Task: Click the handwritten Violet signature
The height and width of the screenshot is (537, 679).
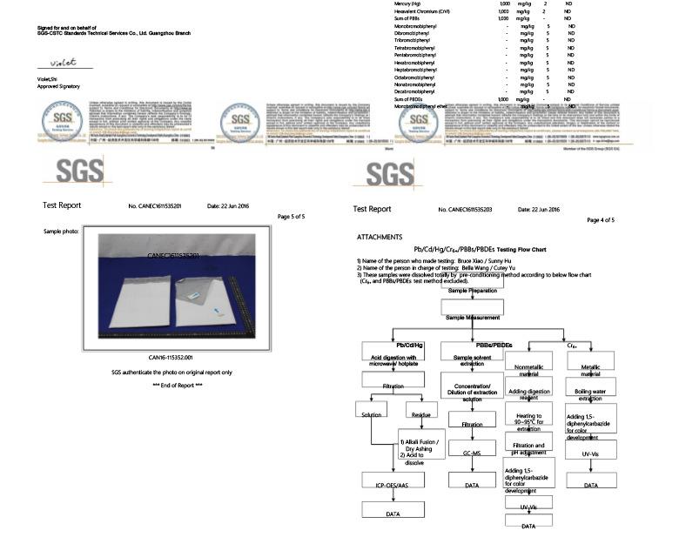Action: tap(64, 63)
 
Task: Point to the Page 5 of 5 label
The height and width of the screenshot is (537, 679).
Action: tap(291, 216)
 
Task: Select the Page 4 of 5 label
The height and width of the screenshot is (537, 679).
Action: tap(601, 220)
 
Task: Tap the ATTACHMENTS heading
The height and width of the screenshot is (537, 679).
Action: tap(379, 237)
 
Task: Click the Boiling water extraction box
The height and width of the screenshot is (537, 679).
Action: tap(591, 395)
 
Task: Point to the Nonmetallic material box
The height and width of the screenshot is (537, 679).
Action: tap(529, 371)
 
